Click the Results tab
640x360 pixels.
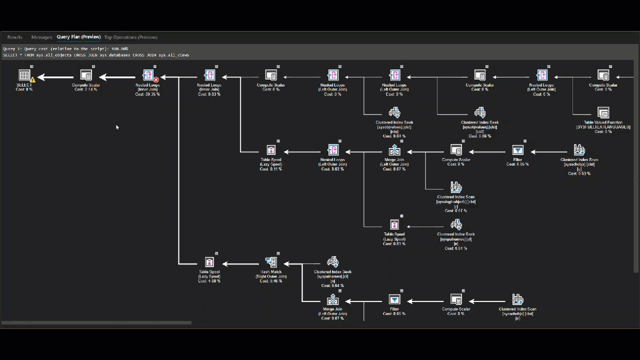pyautogui.click(x=14, y=37)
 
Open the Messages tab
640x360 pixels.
pyautogui.click(x=41, y=37)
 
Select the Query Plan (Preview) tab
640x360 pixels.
pyautogui.click(x=78, y=37)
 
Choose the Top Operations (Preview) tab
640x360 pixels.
pyautogui.click(x=130, y=37)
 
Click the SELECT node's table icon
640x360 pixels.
pyautogui.click(x=24, y=75)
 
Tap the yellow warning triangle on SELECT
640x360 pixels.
pyautogui.click(x=32, y=79)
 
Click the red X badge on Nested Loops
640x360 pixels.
pyautogui.click(x=156, y=79)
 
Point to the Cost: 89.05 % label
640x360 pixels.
pyautogui.click(x=147, y=94)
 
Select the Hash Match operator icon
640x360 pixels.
pyautogui.click(x=271, y=262)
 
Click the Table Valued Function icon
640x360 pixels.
pyautogui.click(x=603, y=112)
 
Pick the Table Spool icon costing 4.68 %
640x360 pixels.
pyautogui.click(x=209, y=262)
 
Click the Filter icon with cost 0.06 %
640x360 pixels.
pyautogui.click(x=517, y=150)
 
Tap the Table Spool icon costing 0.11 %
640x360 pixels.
pyautogui.click(x=271, y=150)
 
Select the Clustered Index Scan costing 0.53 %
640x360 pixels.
pyautogui.click(x=579, y=150)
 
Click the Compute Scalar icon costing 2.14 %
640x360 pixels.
pyautogui.click(x=86, y=75)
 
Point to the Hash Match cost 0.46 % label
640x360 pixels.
pyautogui.click(x=271, y=281)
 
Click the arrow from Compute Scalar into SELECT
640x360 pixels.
pyautogui.click(x=55, y=77)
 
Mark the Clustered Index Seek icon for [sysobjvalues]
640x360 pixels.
pyautogui.click(x=394, y=112)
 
